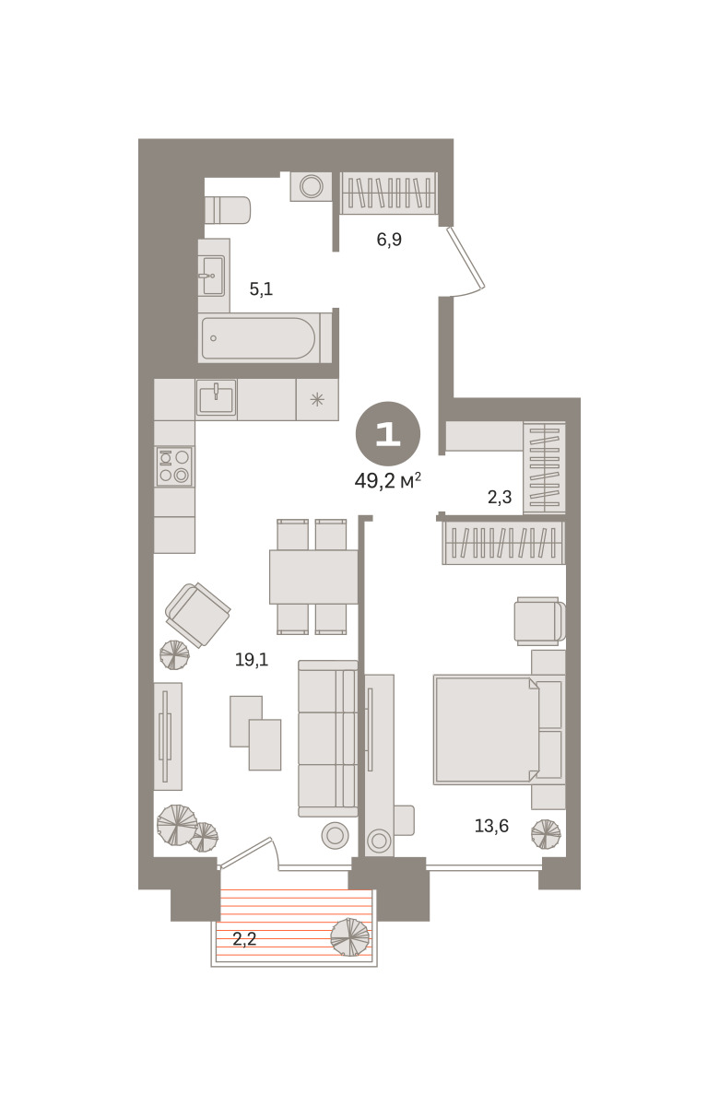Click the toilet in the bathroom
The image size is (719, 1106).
[x=228, y=210]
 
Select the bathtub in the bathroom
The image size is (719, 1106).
[x=259, y=338]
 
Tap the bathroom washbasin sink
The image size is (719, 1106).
[x=213, y=276]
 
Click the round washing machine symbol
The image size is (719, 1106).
[x=312, y=186]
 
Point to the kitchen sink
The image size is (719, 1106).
[x=217, y=397]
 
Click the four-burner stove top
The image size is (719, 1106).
[x=174, y=466]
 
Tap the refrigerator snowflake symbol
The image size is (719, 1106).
[x=317, y=399]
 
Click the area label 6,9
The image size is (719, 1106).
[x=389, y=240]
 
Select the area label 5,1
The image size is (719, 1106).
[x=261, y=288]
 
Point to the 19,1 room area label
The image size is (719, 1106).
[x=252, y=660]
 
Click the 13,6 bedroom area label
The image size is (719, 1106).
[x=491, y=826]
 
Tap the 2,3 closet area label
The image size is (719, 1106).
[x=500, y=497]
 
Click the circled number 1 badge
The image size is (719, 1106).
[x=388, y=433]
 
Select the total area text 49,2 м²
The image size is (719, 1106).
[x=388, y=480]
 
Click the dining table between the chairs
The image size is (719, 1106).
[x=313, y=577]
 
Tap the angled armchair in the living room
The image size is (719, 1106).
[x=198, y=615]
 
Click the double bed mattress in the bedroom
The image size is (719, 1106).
[x=487, y=730]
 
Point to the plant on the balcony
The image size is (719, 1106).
[x=350, y=937]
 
